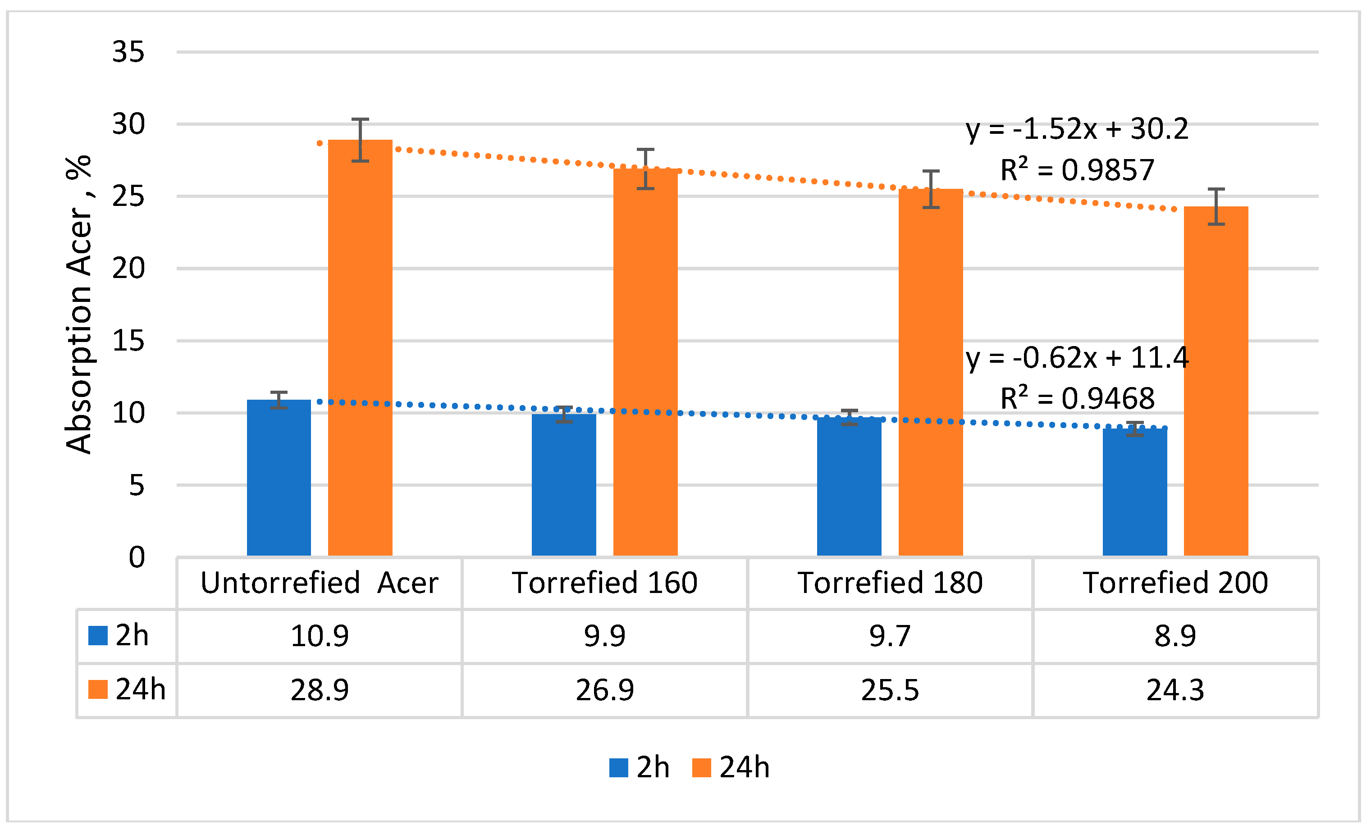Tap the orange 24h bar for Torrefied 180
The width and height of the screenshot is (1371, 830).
point(930,372)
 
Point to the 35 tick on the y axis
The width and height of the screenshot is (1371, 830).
point(128,52)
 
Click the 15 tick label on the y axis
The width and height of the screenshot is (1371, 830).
point(128,341)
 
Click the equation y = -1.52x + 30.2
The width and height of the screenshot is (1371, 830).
point(1077,128)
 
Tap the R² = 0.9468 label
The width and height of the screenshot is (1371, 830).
point(1077,398)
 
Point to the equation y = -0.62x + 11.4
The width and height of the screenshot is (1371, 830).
point(1077,357)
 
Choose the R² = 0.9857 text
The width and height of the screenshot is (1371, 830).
point(1077,170)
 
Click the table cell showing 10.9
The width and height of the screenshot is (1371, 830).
point(320,636)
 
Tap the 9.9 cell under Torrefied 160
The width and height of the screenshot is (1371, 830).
point(604,636)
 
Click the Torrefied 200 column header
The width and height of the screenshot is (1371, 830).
point(1174,583)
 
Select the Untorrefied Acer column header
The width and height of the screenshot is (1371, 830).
point(320,583)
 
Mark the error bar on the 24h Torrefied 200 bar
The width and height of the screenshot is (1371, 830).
point(1216,206)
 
